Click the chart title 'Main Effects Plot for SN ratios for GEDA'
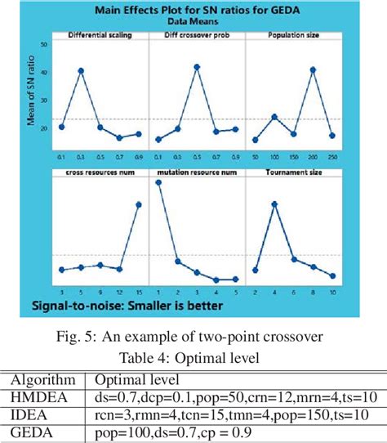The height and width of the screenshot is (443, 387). coord(194,11)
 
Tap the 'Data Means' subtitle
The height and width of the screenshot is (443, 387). coord(194,23)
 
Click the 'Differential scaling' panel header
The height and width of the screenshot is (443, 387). coord(100,36)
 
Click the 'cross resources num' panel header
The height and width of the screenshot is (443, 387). coord(100,172)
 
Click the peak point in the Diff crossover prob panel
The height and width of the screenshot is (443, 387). coord(197,66)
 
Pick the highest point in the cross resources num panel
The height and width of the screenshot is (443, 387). coord(138,204)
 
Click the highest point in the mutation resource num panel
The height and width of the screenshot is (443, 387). coord(158,182)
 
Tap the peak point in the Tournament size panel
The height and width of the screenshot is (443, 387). coord(275,204)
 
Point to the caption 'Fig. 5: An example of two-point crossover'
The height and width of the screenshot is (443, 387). coord(193,338)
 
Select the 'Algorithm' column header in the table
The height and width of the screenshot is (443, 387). coord(47,380)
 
